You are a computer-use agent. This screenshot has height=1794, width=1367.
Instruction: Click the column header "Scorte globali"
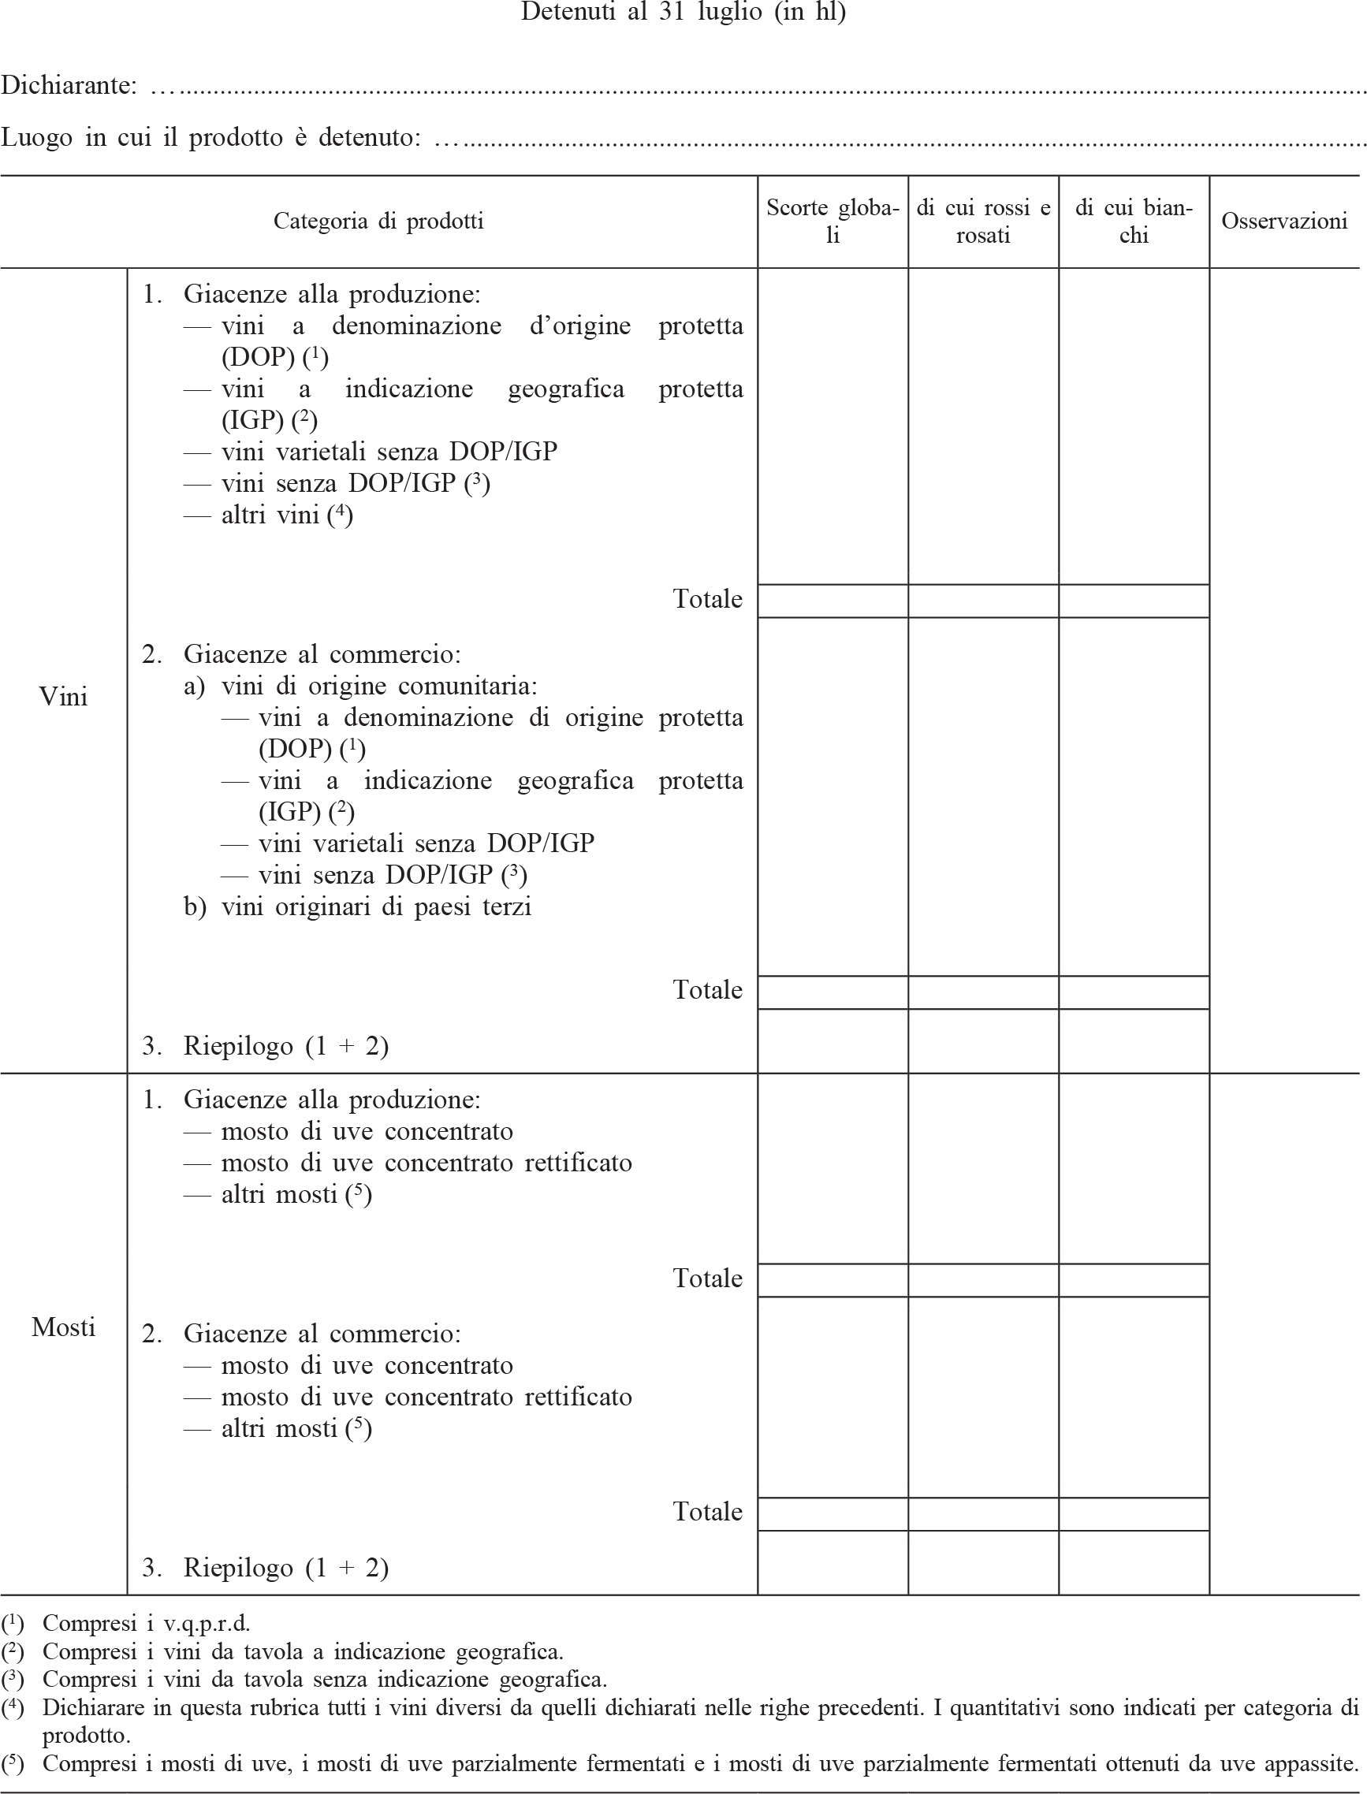pyautogui.click(x=832, y=221)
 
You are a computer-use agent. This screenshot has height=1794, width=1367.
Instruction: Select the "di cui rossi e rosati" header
pyautogui.click(x=983, y=221)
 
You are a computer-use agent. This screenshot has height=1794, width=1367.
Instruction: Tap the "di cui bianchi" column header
pyautogui.click(x=1134, y=221)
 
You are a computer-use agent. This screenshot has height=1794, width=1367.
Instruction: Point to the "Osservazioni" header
pyautogui.click(x=1284, y=221)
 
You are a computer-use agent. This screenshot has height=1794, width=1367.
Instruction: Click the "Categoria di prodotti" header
pyautogui.click(x=378, y=221)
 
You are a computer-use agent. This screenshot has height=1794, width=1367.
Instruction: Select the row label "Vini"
pyautogui.click(x=64, y=697)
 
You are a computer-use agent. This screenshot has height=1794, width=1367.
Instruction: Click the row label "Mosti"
pyautogui.click(x=64, y=1327)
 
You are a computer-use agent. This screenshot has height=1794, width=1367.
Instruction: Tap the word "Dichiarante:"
pyautogui.click(x=69, y=84)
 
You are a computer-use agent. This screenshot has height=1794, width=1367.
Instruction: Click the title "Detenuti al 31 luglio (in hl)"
pyautogui.click(x=683, y=12)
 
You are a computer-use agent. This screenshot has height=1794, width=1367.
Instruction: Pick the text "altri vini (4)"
pyautogui.click(x=286, y=515)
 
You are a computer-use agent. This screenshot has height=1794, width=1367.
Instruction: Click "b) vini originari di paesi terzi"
pyautogui.click(x=358, y=906)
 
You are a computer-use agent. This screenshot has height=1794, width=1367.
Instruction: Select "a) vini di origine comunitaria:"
pyautogui.click(x=360, y=686)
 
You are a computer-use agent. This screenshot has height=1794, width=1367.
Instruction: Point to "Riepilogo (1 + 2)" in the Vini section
pyautogui.click(x=285, y=1045)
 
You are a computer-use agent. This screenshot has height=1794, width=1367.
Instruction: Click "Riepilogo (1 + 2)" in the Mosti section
pyautogui.click(x=285, y=1567)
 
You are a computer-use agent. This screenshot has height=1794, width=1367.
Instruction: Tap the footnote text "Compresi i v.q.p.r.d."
pyautogui.click(x=147, y=1623)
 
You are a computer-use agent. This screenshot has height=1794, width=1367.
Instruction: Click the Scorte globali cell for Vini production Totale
pyautogui.click(x=832, y=601)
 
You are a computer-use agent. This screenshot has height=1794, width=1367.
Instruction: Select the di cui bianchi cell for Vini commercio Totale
pyautogui.click(x=1134, y=992)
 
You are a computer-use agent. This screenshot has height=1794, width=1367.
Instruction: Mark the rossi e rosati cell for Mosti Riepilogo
pyautogui.click(x=983, y=1562)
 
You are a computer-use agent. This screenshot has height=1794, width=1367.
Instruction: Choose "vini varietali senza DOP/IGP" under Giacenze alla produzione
pyautogui.click(x=389, y=452)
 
